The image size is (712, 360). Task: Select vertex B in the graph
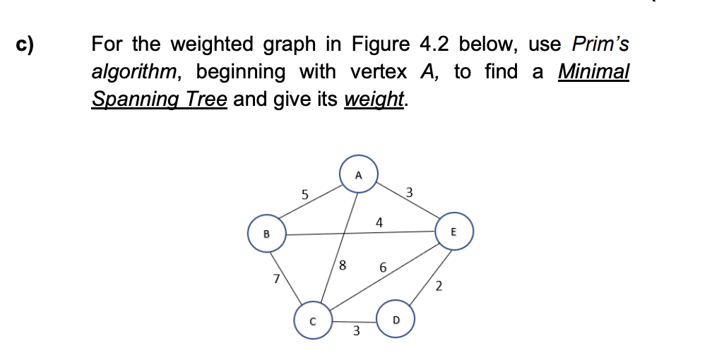(266, 234)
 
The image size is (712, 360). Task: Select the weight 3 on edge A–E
(410, 192)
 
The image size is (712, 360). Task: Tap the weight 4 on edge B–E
(379, 223)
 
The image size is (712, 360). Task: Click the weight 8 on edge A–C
(343, 266)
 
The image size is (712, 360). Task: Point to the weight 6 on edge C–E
(383, 268)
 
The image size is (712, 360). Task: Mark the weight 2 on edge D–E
(439, 286)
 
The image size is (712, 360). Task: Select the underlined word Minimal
(593, 71)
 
